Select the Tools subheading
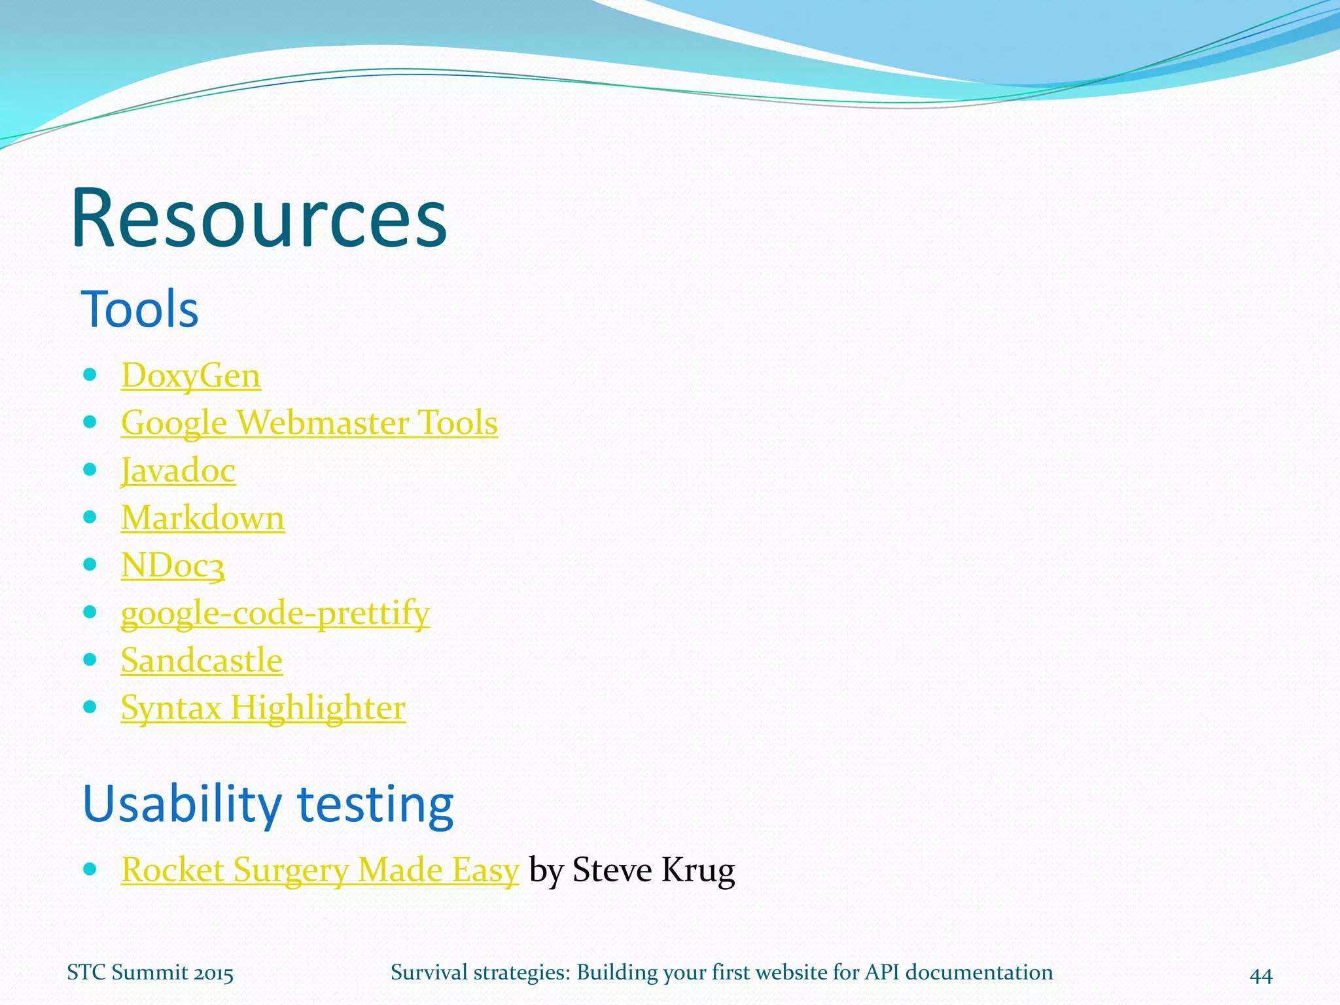[139, 309]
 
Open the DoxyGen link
[191, 376]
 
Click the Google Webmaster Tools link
[309, 423]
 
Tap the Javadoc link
[178, 471]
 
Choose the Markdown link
[203, 518]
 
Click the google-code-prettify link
[275, 614]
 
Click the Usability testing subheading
[268, 804]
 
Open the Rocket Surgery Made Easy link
[320, 871]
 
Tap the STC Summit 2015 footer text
[150, 973]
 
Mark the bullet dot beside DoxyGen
[90, 375]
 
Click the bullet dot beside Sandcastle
[90, 660]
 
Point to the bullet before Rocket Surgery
[90, 870]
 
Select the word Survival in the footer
[431, 972]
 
